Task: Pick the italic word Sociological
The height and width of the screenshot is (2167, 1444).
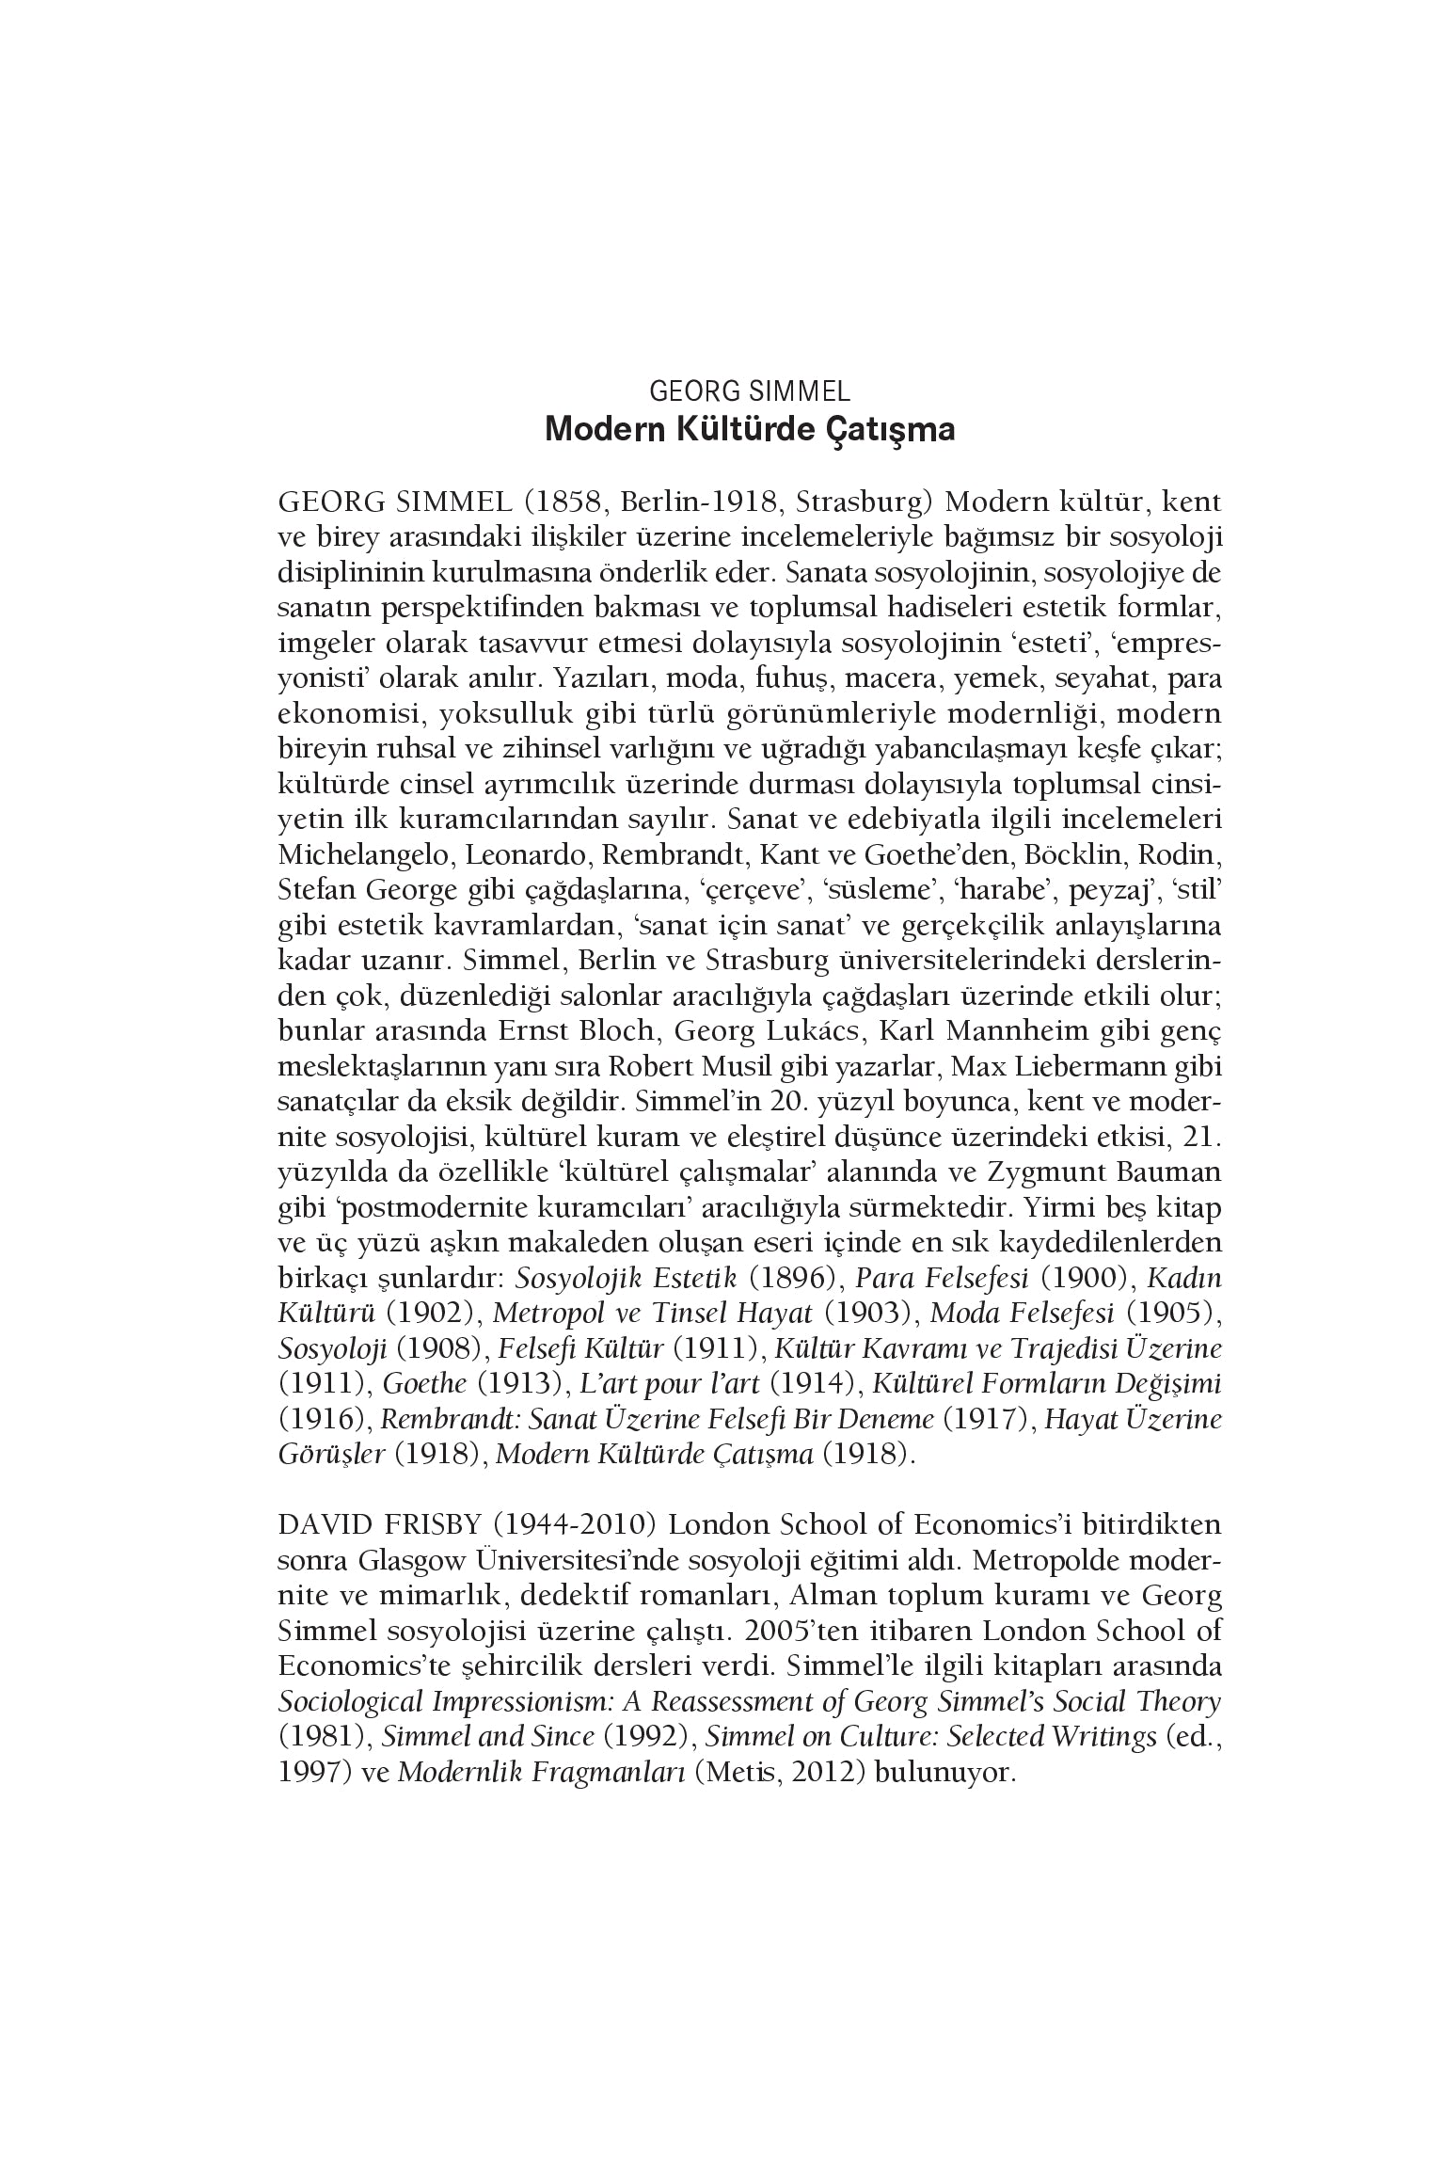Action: (x=348, y=1701)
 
